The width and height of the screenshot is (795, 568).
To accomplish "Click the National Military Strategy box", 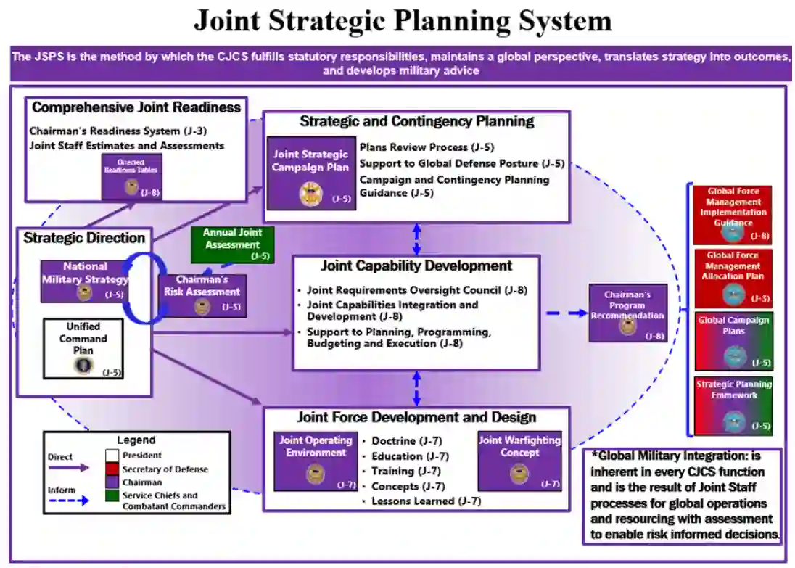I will coord(85,281).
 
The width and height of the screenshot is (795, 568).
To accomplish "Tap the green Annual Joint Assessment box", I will coord(233,244).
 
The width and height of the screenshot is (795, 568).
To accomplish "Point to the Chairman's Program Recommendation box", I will coord(627,313).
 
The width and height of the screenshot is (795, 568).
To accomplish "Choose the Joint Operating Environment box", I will coord(315,461).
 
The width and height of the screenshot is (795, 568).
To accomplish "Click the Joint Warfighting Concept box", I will coord(519,461).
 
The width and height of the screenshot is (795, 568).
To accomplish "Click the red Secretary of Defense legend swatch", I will coord(112,469).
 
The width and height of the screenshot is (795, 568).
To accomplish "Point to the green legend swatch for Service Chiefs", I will coord(112,495).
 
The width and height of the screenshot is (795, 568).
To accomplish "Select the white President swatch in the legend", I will coord(112,456).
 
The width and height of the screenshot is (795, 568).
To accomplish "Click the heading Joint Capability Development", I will coord(416,266).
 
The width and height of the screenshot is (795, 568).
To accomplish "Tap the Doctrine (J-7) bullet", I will coord(406,440).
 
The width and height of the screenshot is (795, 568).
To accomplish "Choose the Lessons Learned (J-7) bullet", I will coord(425,501).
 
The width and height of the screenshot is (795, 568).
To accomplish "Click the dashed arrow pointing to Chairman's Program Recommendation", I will coord(566,313).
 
